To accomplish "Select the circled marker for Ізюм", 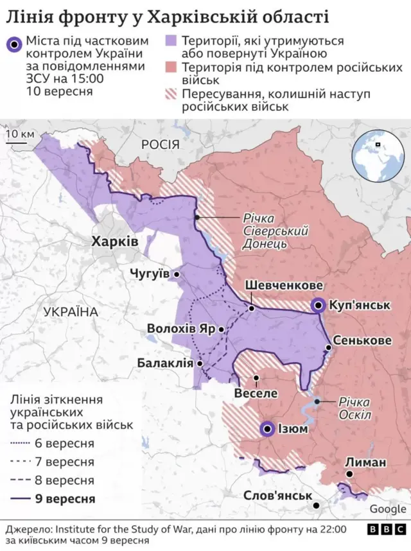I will coord(267,428).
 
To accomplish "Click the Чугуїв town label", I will coord(150,274).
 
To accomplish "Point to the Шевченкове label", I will coord(283,286).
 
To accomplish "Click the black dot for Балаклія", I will coord(200,363).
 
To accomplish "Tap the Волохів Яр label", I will coord(180,328).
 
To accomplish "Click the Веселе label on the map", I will coord(256,392).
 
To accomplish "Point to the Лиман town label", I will coord(365,462).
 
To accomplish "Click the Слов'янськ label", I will coord(277,496).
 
